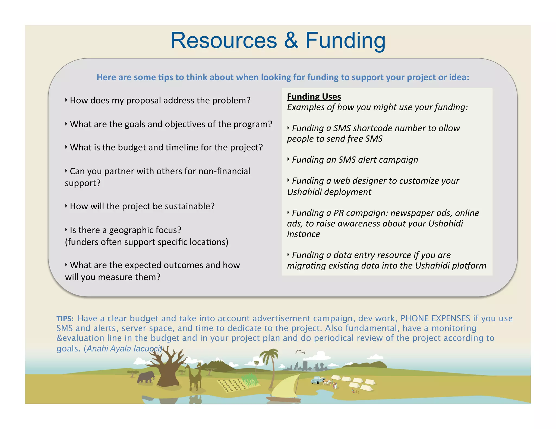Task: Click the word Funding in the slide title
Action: pyautogui.click(x=345, y=41)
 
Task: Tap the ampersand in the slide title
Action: pyautogui.click(x=291, y=41)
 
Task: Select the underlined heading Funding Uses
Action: pyautogui.click(x=314, y=97)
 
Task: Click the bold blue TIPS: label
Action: pyautogui.click(x=65, y=319)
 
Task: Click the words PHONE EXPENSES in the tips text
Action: pyautogui.click(x=435, y=318)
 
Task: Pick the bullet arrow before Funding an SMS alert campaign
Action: pyautogui.click(x=289, y=159)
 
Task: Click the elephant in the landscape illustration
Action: pyautogui.click(x=146, y=377)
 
